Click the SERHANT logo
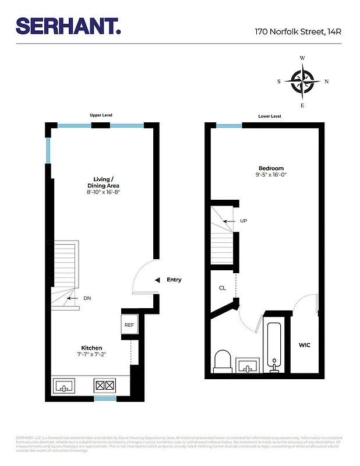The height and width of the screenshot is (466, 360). [69, 26]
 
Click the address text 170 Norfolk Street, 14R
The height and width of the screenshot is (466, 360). [297, 32]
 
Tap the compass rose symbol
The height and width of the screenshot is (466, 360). [302, 82]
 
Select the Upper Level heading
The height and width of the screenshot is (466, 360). [101, 115]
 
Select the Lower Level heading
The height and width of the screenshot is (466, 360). [269, 116]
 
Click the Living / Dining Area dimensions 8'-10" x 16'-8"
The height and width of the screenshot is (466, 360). [103, 192]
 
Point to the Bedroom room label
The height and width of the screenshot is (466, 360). [271, 168]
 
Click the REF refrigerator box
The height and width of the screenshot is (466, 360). [129, 325]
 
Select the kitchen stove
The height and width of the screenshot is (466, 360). [104, 385]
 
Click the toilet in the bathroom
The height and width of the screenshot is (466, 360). [223, 361]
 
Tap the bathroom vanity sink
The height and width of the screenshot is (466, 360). [248, 366]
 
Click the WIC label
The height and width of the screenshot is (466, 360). [304, 345]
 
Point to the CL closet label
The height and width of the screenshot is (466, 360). [222, 288]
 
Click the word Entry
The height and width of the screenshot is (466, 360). [174, 280]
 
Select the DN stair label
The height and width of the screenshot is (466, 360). [87, 298]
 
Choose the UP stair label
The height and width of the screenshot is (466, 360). [243, 221]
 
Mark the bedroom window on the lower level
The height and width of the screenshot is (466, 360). [229, 125]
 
